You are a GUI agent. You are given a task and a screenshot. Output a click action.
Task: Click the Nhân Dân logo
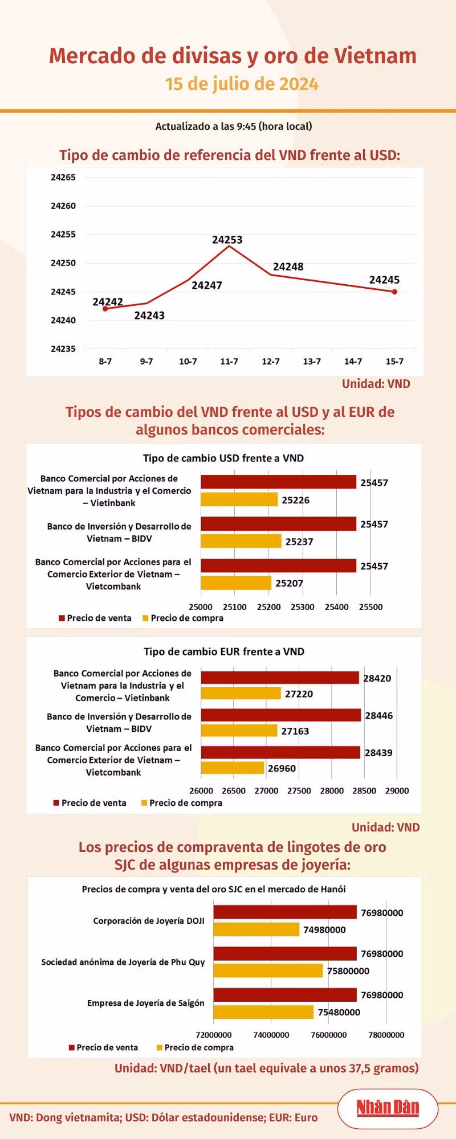point(388,1107)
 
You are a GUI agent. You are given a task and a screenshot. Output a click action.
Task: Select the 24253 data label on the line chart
point(227,240)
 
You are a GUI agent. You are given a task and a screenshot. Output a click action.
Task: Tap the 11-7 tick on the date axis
point(229,362)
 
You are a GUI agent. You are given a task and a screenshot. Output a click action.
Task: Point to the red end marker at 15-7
point(394,292)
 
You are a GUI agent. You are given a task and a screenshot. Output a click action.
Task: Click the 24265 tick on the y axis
point(63,178)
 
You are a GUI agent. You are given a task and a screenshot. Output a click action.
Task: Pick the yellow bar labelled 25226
point(239,499)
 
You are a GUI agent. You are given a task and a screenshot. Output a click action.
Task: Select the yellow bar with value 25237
point(241,541)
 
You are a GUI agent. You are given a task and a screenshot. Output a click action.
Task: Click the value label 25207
point(289,583)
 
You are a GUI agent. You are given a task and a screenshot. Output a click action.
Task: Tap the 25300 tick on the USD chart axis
point(303,607)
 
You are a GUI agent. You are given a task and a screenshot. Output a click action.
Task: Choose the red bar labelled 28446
point(280,715)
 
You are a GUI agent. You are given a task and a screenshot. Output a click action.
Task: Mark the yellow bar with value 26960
point(233,768)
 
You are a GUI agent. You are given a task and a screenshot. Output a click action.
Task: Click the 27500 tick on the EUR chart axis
point(299,791)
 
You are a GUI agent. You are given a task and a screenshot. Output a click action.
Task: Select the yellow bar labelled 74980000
point(256,929)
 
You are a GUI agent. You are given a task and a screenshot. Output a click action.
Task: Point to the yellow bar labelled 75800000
point(268,970)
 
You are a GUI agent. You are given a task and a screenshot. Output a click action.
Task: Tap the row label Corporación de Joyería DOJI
point(149,921)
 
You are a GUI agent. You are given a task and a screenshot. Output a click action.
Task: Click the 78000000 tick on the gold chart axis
point(386,1035)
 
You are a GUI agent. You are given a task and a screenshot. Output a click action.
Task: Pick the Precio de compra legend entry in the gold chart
point(196,1047)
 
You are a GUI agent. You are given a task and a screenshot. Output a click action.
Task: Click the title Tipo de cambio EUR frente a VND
point(224,652)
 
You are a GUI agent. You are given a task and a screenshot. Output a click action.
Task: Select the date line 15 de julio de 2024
point(242,84)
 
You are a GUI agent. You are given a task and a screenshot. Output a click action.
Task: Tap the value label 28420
point(377,678)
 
